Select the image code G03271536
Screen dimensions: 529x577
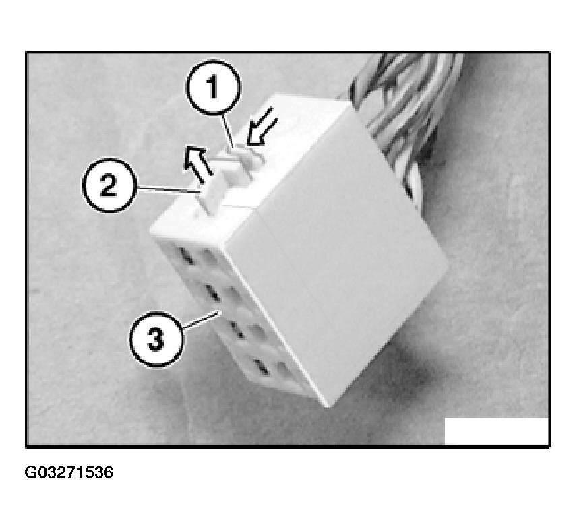69,472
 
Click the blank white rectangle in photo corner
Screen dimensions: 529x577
496,431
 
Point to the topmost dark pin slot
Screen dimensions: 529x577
183,255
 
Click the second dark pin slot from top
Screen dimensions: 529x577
210,291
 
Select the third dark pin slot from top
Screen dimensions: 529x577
236,329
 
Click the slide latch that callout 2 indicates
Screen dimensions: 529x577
210,192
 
